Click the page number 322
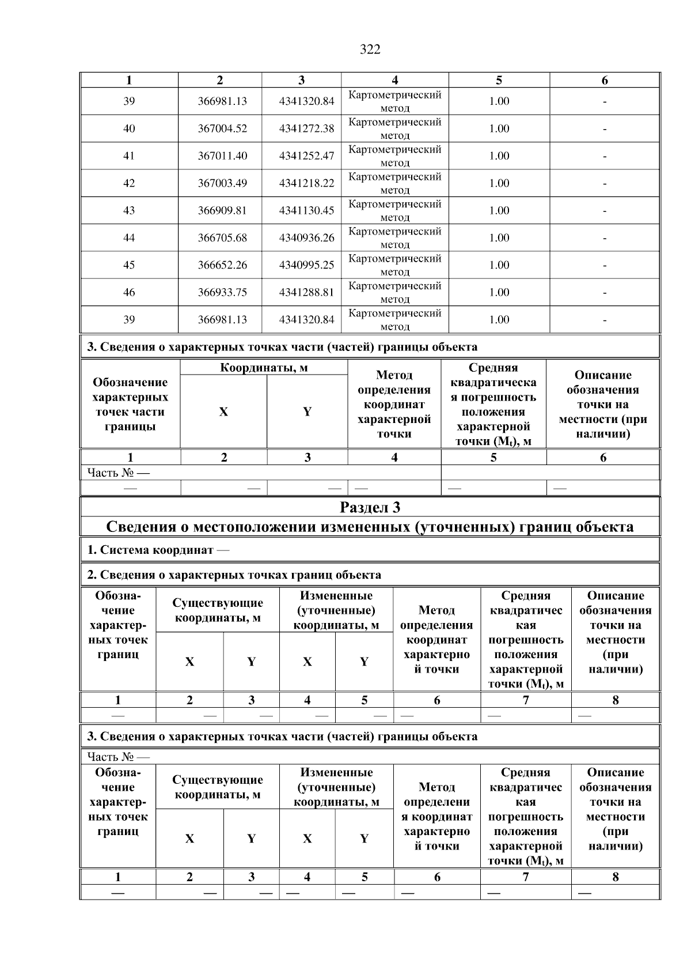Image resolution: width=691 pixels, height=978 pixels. point(370,50)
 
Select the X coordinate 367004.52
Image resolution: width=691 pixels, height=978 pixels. point(222,129)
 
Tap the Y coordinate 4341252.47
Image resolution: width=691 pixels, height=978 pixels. point(306,156)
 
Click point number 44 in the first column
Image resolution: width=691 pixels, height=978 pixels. point(129,237)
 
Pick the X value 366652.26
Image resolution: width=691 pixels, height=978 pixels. point(222,265)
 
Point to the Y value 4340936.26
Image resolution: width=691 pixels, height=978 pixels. point(306,237)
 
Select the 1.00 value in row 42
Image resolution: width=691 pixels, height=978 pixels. point(499,183)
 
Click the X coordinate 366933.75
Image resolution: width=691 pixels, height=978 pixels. point(222,292)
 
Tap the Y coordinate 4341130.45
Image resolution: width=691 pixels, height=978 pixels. point(306,210)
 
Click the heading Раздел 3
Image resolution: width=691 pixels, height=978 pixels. point(370,507)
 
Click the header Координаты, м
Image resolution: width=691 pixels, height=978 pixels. point(264,368)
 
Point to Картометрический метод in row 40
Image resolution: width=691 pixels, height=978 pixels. point(394,129)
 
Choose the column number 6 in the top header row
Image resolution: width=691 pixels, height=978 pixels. point(605,81)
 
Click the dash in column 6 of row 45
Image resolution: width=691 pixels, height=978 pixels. point(605,266)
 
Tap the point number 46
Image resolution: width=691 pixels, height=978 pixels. point(129,292)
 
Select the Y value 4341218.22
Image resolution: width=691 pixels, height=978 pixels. point(306,183)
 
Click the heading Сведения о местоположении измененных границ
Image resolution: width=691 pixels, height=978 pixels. point(370,527)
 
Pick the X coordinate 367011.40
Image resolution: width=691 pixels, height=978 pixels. point(222,156)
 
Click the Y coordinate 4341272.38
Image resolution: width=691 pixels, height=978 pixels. point(306,129)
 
